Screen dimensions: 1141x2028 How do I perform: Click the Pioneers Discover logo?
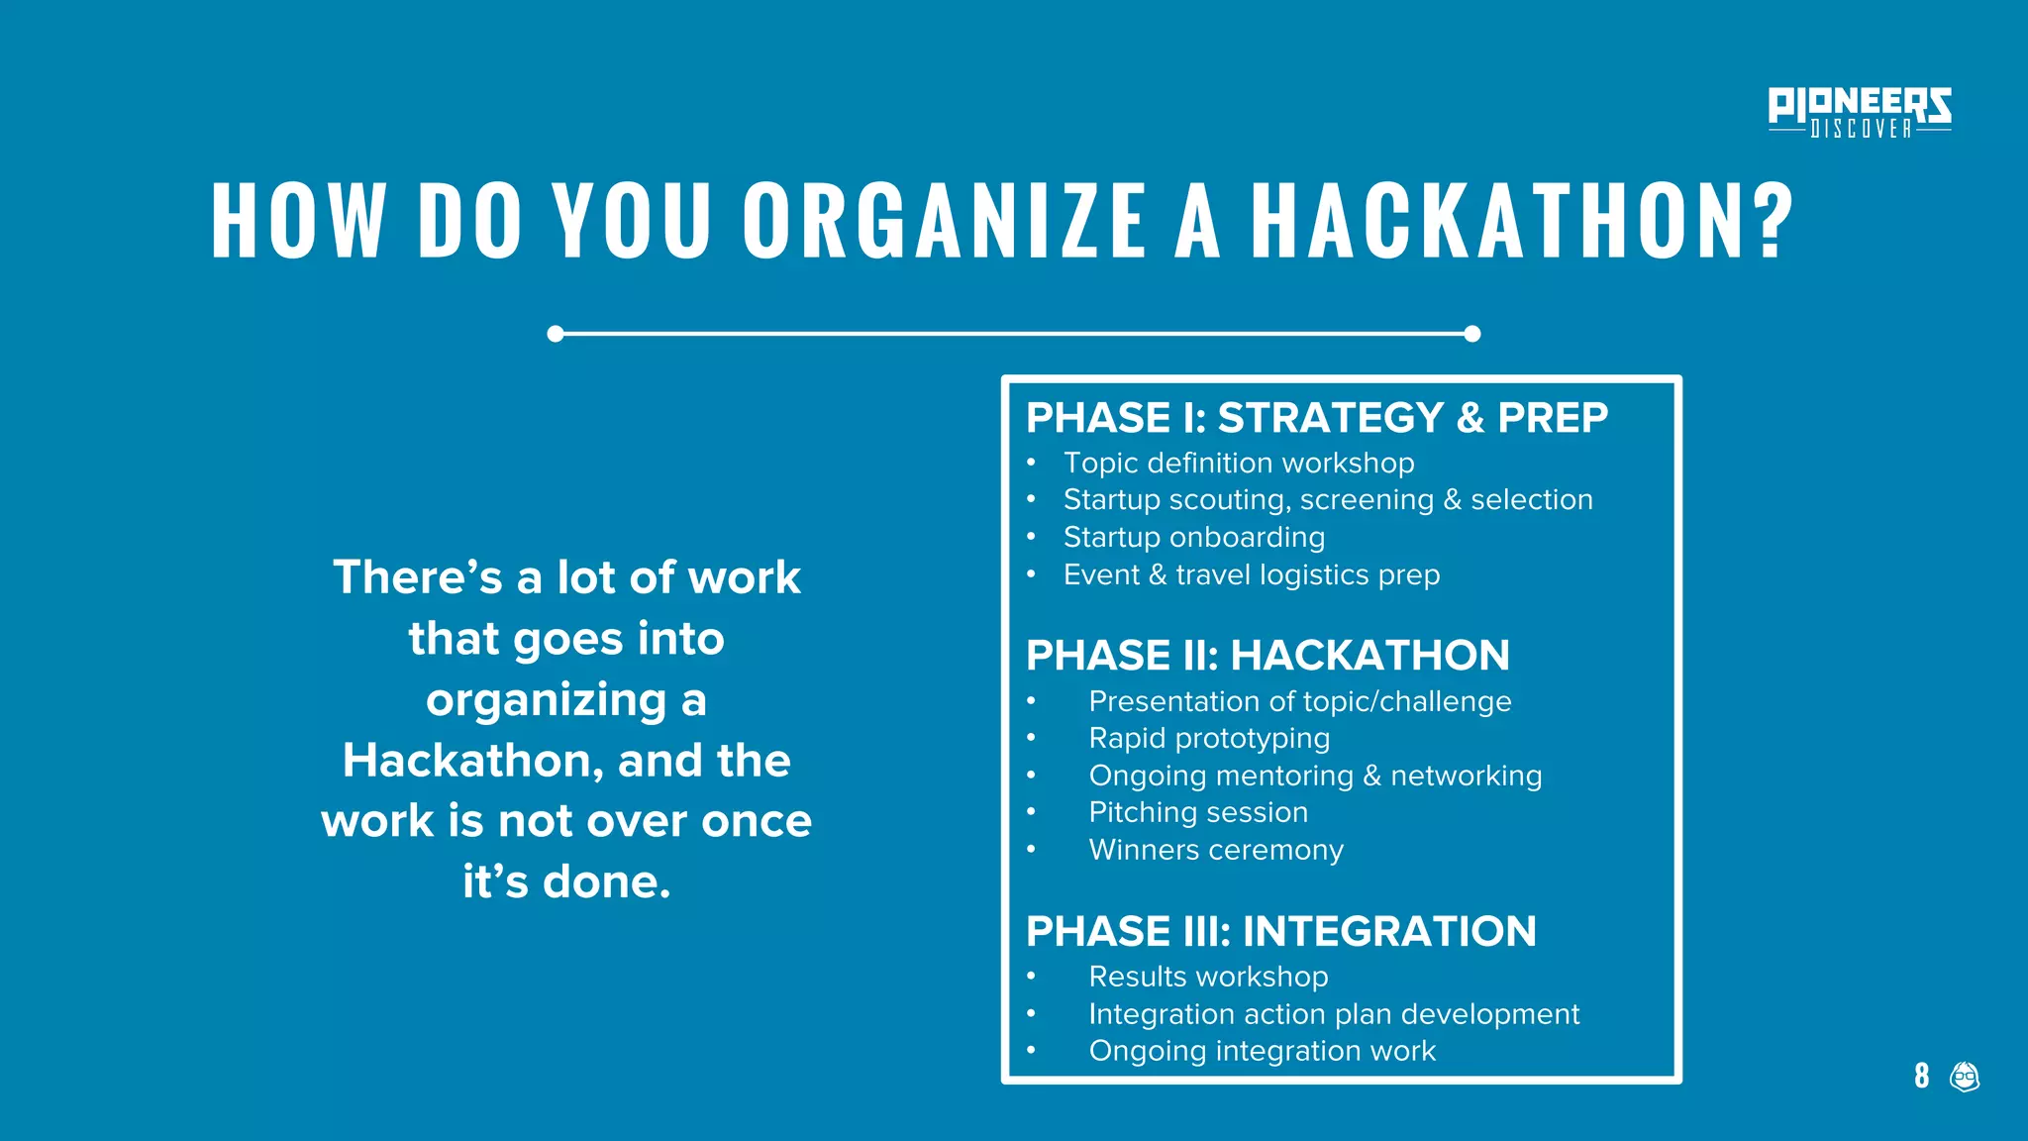[1859, 112]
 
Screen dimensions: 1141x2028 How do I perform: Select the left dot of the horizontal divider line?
[556, 334]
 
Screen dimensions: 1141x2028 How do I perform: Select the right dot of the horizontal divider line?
[1471, 334]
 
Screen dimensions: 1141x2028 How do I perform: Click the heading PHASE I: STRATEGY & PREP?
[1316, 418]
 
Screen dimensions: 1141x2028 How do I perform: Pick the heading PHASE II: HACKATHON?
[1267, 656]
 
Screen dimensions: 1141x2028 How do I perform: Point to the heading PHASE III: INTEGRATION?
[1280, 932]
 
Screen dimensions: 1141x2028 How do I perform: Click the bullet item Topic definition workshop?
[1238, 464]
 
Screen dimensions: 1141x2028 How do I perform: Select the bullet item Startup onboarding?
[1193, 538]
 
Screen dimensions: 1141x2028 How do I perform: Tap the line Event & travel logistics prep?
[1251, 575]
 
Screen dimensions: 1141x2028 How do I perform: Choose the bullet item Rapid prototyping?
[1209, 739]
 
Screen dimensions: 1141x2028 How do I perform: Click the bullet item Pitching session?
[1198, 813]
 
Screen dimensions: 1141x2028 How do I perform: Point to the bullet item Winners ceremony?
[1216, 851]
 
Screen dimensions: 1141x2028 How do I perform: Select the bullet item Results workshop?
[1208, 978]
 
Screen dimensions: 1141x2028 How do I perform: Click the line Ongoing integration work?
[1262, 1052]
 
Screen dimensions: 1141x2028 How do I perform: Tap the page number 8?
[1921, 1076]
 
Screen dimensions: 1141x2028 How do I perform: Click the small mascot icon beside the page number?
[1964, 1076]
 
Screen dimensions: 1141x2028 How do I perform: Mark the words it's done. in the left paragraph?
[566, 882]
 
